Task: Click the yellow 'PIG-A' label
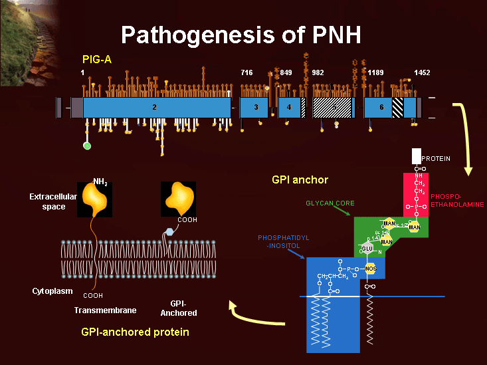coord(97,61)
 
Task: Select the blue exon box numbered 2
coord(154,107)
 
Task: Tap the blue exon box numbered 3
coord(255,107)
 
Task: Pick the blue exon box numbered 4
coord(289,107)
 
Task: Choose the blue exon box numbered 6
coord(381,107)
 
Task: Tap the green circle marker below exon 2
coord(86,146)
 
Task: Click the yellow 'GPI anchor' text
coord(300,180)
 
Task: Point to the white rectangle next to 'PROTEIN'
coord(416,156)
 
